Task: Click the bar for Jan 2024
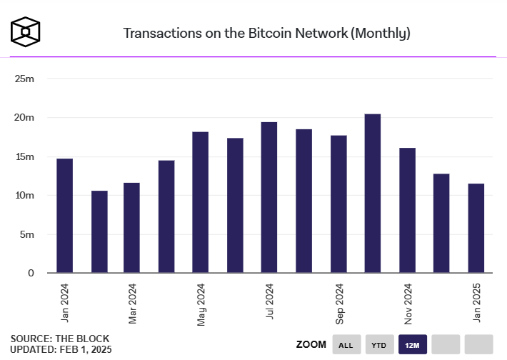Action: [x=64, y=215]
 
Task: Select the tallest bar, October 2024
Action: [x=373, y=193]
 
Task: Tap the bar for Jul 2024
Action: [x=269, y=197]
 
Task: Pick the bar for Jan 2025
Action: [x=476, y=228]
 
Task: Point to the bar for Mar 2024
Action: [x=131, y=228]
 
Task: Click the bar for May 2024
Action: [x=201, y=202]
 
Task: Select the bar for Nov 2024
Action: [x=407, y=210]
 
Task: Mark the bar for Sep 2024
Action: [x=338, y=204]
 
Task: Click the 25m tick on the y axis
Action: [x=25, y=79]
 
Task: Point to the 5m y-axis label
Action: [x=26, y=234]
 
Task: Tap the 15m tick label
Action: [x=25, y=156]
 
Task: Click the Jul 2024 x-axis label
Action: [x=270, y=303]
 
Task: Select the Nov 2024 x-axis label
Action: [x=408, y=303]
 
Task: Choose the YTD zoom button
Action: [x=379, y=345]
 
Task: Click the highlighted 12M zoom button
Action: [x=412, y=345]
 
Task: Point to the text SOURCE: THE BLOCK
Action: [x=60, y=338]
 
